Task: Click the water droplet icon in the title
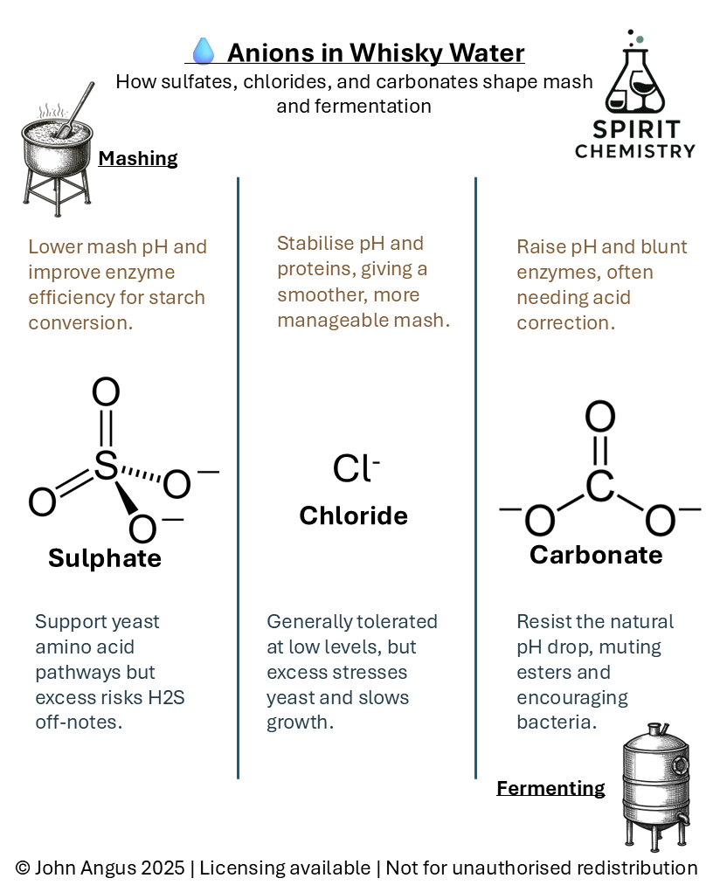203,52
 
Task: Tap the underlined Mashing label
137,158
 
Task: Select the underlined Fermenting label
550,788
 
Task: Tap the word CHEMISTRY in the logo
635,150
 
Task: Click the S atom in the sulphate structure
105,466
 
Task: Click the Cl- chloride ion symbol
355,469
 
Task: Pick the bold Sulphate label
105,558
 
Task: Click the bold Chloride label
353,515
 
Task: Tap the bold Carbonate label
596,555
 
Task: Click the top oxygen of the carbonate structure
599,417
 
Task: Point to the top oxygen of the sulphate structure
105,392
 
